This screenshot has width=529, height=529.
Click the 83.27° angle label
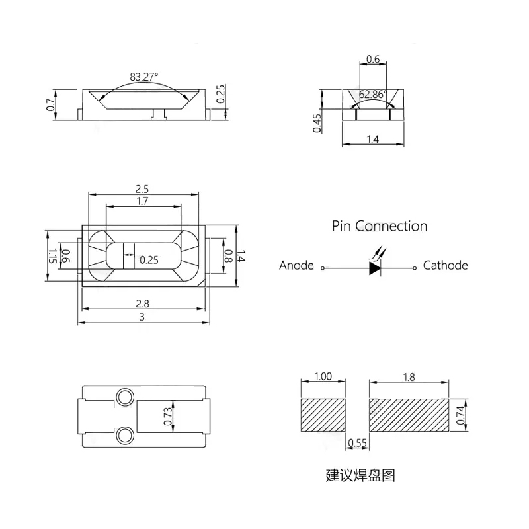[x=145, y=77]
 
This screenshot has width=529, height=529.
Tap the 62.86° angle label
[x=373, y=93]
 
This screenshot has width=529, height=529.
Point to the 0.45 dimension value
[x=317, y=123]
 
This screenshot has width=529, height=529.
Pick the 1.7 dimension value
[x=143, y=201]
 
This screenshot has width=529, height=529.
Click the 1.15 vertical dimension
[x=52, y=257]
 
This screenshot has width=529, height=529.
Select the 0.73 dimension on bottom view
[x=167, y=415]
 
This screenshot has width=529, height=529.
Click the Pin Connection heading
[x=380, y=226]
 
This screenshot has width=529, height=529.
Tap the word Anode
[x=296, y=266]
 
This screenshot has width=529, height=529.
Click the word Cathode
[x=445, y=266]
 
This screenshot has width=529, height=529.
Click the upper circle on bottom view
[x=124, y=397]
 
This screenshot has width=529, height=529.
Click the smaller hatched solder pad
[x=323, y=415]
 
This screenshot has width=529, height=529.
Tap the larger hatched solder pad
[x=409, y=415]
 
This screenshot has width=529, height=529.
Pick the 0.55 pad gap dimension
[x=356, y=443]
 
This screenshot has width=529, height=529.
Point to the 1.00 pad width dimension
[x=323, y=377]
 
